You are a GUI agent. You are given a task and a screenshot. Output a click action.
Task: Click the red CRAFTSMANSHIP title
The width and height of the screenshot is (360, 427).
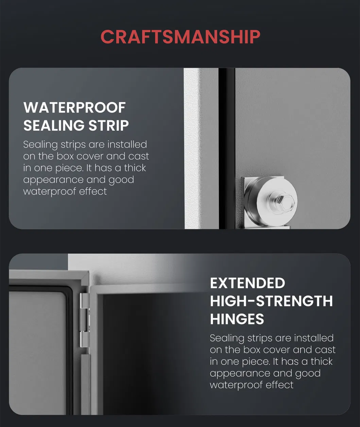(x=180, y=37)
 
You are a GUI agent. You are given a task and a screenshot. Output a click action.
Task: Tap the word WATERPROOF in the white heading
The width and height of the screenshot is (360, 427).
(x=74, y=108)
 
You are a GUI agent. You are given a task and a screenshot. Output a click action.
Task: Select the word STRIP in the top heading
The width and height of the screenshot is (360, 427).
(x=108, y=125)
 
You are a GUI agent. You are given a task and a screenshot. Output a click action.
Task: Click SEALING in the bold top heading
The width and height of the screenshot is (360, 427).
(x=54, y=125)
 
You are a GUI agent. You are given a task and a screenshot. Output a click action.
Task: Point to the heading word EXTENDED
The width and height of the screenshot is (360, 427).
(x=247, y=283)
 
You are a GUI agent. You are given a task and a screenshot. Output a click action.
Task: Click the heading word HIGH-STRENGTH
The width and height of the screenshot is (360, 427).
(x=272, y=301)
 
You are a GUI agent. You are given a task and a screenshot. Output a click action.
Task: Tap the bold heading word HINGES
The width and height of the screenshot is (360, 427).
(x=237, y=319)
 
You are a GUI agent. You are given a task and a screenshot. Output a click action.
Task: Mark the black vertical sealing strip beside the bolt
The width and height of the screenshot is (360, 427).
(x=227, y=148)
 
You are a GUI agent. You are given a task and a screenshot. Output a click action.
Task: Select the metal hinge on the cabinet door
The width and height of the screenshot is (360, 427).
(x=84, y=321)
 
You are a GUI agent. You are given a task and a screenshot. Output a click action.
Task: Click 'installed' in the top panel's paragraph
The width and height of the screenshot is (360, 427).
(x=127, y=144)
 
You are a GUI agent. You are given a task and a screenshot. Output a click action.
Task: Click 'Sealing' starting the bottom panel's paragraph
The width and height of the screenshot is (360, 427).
(x=227, y=339)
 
